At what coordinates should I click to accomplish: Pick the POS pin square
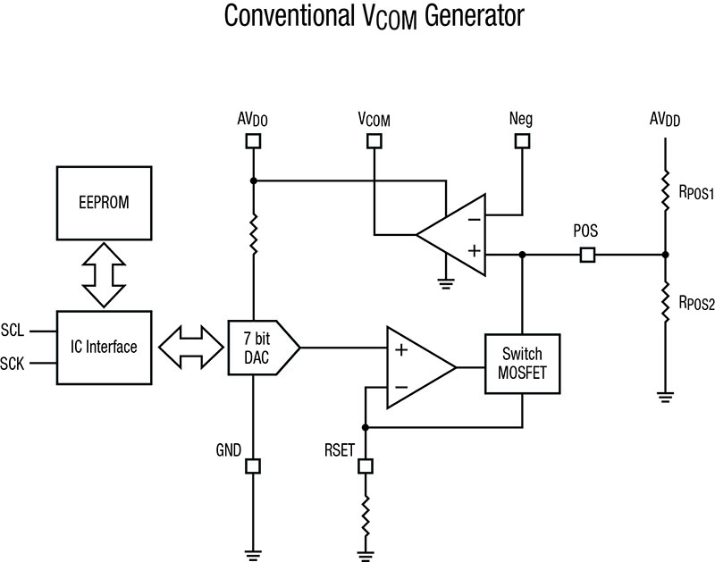tap(587, 256)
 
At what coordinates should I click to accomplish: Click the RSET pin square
tap(365, 466)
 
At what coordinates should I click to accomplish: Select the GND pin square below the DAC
tap(254, 466)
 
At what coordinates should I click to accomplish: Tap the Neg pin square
tap(521, 140)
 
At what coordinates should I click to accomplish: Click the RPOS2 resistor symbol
tap(664, 301)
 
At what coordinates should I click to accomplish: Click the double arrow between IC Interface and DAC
tap(189, 347)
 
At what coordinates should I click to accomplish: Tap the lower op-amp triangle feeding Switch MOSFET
tap(416, 365)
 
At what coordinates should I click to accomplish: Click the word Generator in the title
tap(468, 18)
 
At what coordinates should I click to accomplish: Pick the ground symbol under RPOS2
tap(664, 395)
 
